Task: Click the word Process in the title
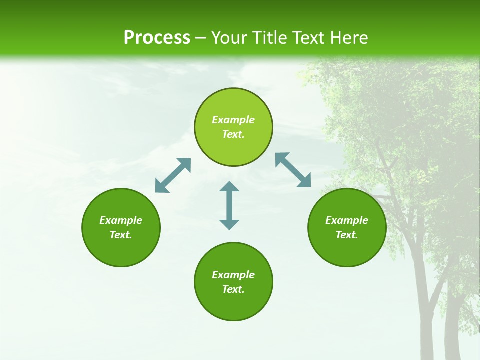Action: point(157,38)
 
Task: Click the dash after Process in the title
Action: point(201,38)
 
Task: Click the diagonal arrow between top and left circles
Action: point(173,175)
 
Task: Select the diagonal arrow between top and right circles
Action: point(293,170)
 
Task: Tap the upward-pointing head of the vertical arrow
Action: point(229,187)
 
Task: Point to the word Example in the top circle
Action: point(233,120)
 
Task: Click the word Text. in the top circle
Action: point(233,134)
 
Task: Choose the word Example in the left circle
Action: point(121,220)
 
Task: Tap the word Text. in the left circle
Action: point(121,235)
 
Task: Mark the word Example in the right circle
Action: point(347,220)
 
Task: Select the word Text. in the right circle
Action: point(347,235)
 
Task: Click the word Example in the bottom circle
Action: point(233,275)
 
